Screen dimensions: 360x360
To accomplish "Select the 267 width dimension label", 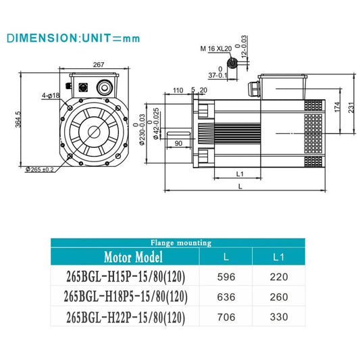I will tap(97, 65).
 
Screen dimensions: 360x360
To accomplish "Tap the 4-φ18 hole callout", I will tap(51, 96).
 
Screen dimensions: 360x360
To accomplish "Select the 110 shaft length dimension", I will tap(179, 90).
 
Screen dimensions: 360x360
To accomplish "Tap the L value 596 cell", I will tap(226, 277).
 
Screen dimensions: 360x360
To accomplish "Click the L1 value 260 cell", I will tap(278, 297).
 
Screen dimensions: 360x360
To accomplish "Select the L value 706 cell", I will tap(226, 316).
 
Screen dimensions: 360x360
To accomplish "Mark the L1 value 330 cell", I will tap(278, 316).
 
